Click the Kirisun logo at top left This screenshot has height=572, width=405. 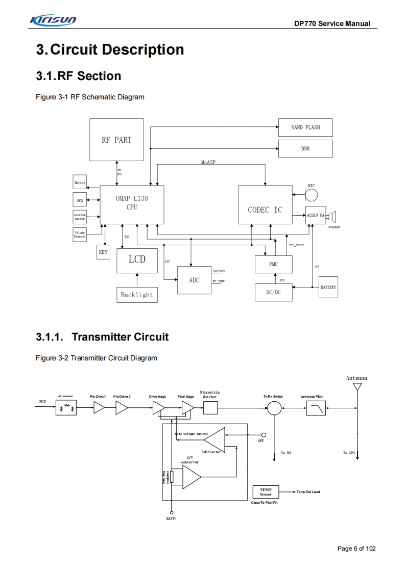pos(53,20)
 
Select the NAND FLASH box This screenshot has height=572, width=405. pos(305,127)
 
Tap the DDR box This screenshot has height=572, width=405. pos(305,148)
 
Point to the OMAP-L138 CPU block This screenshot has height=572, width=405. pos(132,203)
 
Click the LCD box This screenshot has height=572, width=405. pos(137,259)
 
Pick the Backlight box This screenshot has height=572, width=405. pos(136,295)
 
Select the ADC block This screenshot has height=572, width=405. pos(194,280)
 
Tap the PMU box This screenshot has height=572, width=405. pos(273,265)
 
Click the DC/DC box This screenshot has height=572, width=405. pos(273,292)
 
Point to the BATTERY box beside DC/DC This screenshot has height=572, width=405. pos(328,288)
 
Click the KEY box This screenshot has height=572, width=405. pos(103,252)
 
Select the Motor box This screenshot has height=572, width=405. pos(80,183)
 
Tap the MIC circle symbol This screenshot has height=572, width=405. pos(312,195)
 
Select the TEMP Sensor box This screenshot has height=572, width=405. pos(266,492)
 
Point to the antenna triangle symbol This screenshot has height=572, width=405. pos(358,387)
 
